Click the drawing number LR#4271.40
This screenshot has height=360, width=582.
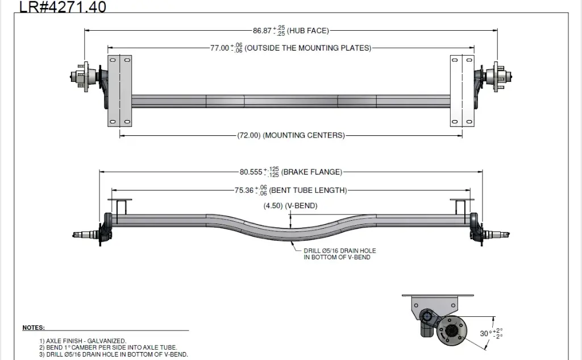click(x=63, y=7)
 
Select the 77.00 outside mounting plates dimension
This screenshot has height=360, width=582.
click(x=290, y=48)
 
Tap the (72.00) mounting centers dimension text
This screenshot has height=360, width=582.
click(x=290, y=135)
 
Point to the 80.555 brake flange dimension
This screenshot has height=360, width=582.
click(x=290, y=171)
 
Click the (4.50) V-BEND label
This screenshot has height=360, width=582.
click(x=290, y=205)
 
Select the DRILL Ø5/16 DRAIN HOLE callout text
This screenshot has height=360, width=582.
click(x=339, y=254)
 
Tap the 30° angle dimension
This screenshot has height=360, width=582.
click(x=491, y=333)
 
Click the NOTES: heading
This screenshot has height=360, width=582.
click(x=34, y=328)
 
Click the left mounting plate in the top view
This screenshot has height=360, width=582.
click(x=119, y=91)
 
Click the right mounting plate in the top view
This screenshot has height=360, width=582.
click(x=462, y=91)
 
